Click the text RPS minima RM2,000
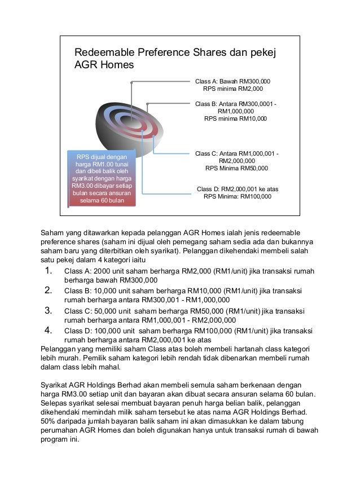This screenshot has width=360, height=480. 232,89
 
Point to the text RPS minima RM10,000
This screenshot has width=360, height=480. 235,119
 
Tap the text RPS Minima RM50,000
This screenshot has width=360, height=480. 236,168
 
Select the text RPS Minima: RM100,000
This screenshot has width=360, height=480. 237,197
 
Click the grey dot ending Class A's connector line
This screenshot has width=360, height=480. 131,82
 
